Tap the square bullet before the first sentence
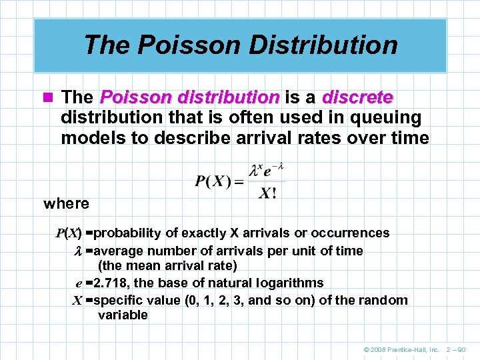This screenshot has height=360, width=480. (48, 98)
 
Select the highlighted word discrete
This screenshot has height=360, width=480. (357, 97)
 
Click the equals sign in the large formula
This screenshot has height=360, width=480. (238, 181)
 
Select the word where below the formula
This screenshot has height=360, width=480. (66, 203)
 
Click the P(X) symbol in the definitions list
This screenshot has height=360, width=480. (69, 233)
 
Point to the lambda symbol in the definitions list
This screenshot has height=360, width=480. (77, 251)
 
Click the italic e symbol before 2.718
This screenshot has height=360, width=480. (79, 283)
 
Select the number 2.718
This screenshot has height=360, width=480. (112, 283)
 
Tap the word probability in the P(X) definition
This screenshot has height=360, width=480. (129, 233)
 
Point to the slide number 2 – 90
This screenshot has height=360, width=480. (459, 349)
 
